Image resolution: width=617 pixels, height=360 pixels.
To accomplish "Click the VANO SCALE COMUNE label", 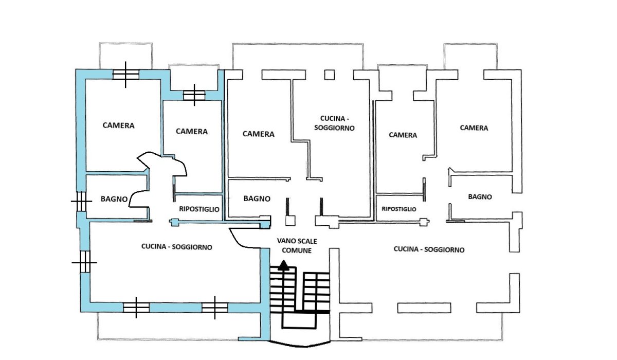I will pos(294,245).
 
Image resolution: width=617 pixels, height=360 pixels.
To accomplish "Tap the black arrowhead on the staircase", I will pos(282,266).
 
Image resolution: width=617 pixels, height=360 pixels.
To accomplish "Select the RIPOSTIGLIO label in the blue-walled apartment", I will pos(199,209).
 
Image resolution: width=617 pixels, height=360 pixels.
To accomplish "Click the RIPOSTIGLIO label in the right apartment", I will pos(399,209).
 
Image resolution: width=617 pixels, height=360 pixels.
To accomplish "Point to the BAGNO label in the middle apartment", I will pos(257,198).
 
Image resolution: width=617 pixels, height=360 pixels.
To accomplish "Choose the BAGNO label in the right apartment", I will pos(480,196).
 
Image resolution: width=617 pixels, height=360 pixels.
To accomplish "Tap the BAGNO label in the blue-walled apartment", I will pos(114,199).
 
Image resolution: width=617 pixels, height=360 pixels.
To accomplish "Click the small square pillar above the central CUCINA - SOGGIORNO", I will pos(329,75).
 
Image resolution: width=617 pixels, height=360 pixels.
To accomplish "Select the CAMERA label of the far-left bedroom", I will pos(118,125).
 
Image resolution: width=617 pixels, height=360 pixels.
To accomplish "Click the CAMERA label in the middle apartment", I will pos(258,134).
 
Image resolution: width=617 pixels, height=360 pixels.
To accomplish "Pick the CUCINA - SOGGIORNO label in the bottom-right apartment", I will pos(429,249).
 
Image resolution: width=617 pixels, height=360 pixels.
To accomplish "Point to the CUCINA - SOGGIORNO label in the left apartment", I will pos(177,247).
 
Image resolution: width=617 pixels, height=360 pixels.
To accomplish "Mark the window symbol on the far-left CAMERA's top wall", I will pos(126,75).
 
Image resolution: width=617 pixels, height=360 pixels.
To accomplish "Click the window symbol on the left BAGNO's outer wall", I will pos(81,201).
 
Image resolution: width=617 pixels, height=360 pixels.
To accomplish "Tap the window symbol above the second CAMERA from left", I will pos(194,95).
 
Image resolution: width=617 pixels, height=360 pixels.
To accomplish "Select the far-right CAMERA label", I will pos(474,128).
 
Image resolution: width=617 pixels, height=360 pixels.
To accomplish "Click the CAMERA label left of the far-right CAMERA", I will pos(403,135).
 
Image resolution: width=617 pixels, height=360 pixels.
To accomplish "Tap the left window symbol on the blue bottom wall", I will pos(136,307).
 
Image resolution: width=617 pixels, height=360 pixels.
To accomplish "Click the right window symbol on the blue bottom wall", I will pos(215,307).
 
